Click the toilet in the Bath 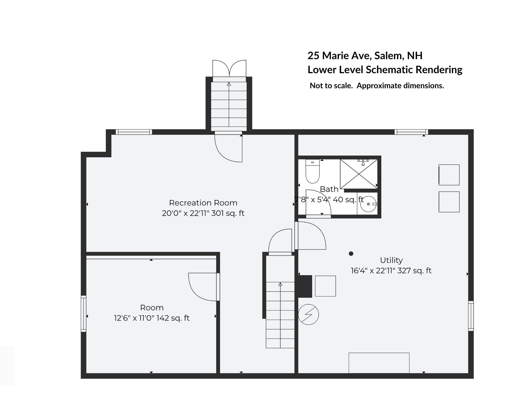pos(312,171)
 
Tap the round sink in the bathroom pos(368,204)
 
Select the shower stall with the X pos(359,174)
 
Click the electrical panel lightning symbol pos(309,314)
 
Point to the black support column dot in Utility pos(351,253)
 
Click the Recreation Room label pos(203,203)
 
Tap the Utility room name pos(391,260)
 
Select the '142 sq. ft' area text pos(173,318)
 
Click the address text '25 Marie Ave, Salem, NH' pos(365,56)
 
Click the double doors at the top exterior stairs pos(229,68)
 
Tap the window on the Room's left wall pos(84,314)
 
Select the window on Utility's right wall pos(471,316)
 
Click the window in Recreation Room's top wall pos(134,132)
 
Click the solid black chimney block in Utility pos(305,286)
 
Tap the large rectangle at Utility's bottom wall pos(379,363)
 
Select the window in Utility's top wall pos(411,132)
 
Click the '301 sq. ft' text pos(228,213)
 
